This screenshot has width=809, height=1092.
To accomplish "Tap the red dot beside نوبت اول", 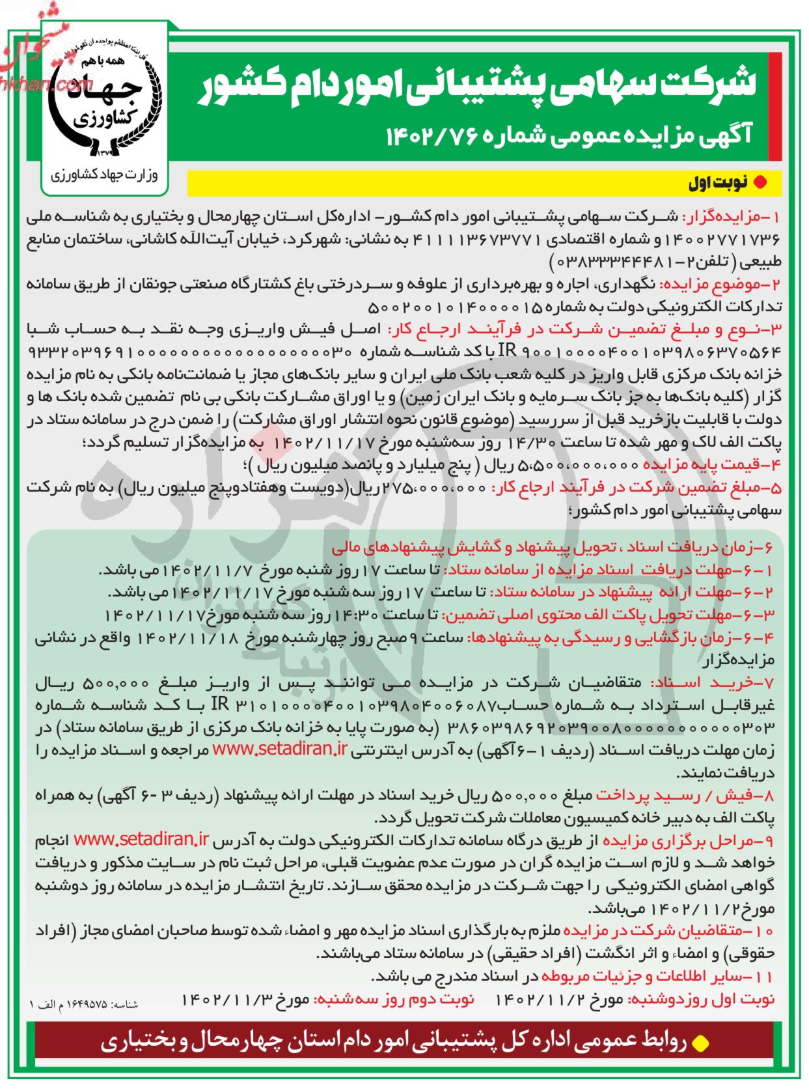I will click(x=759, y=183).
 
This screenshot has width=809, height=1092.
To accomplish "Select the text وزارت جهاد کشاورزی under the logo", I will click(x=104, y=175).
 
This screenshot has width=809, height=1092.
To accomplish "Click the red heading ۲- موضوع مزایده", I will click(x=720, y=285).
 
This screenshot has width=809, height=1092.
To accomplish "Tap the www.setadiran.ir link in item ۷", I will click(x=280, y=749).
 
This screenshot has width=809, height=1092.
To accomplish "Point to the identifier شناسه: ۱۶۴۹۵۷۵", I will click(x=84, y=1005).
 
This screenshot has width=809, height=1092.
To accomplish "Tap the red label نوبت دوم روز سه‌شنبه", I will click(x=394, y=1000).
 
